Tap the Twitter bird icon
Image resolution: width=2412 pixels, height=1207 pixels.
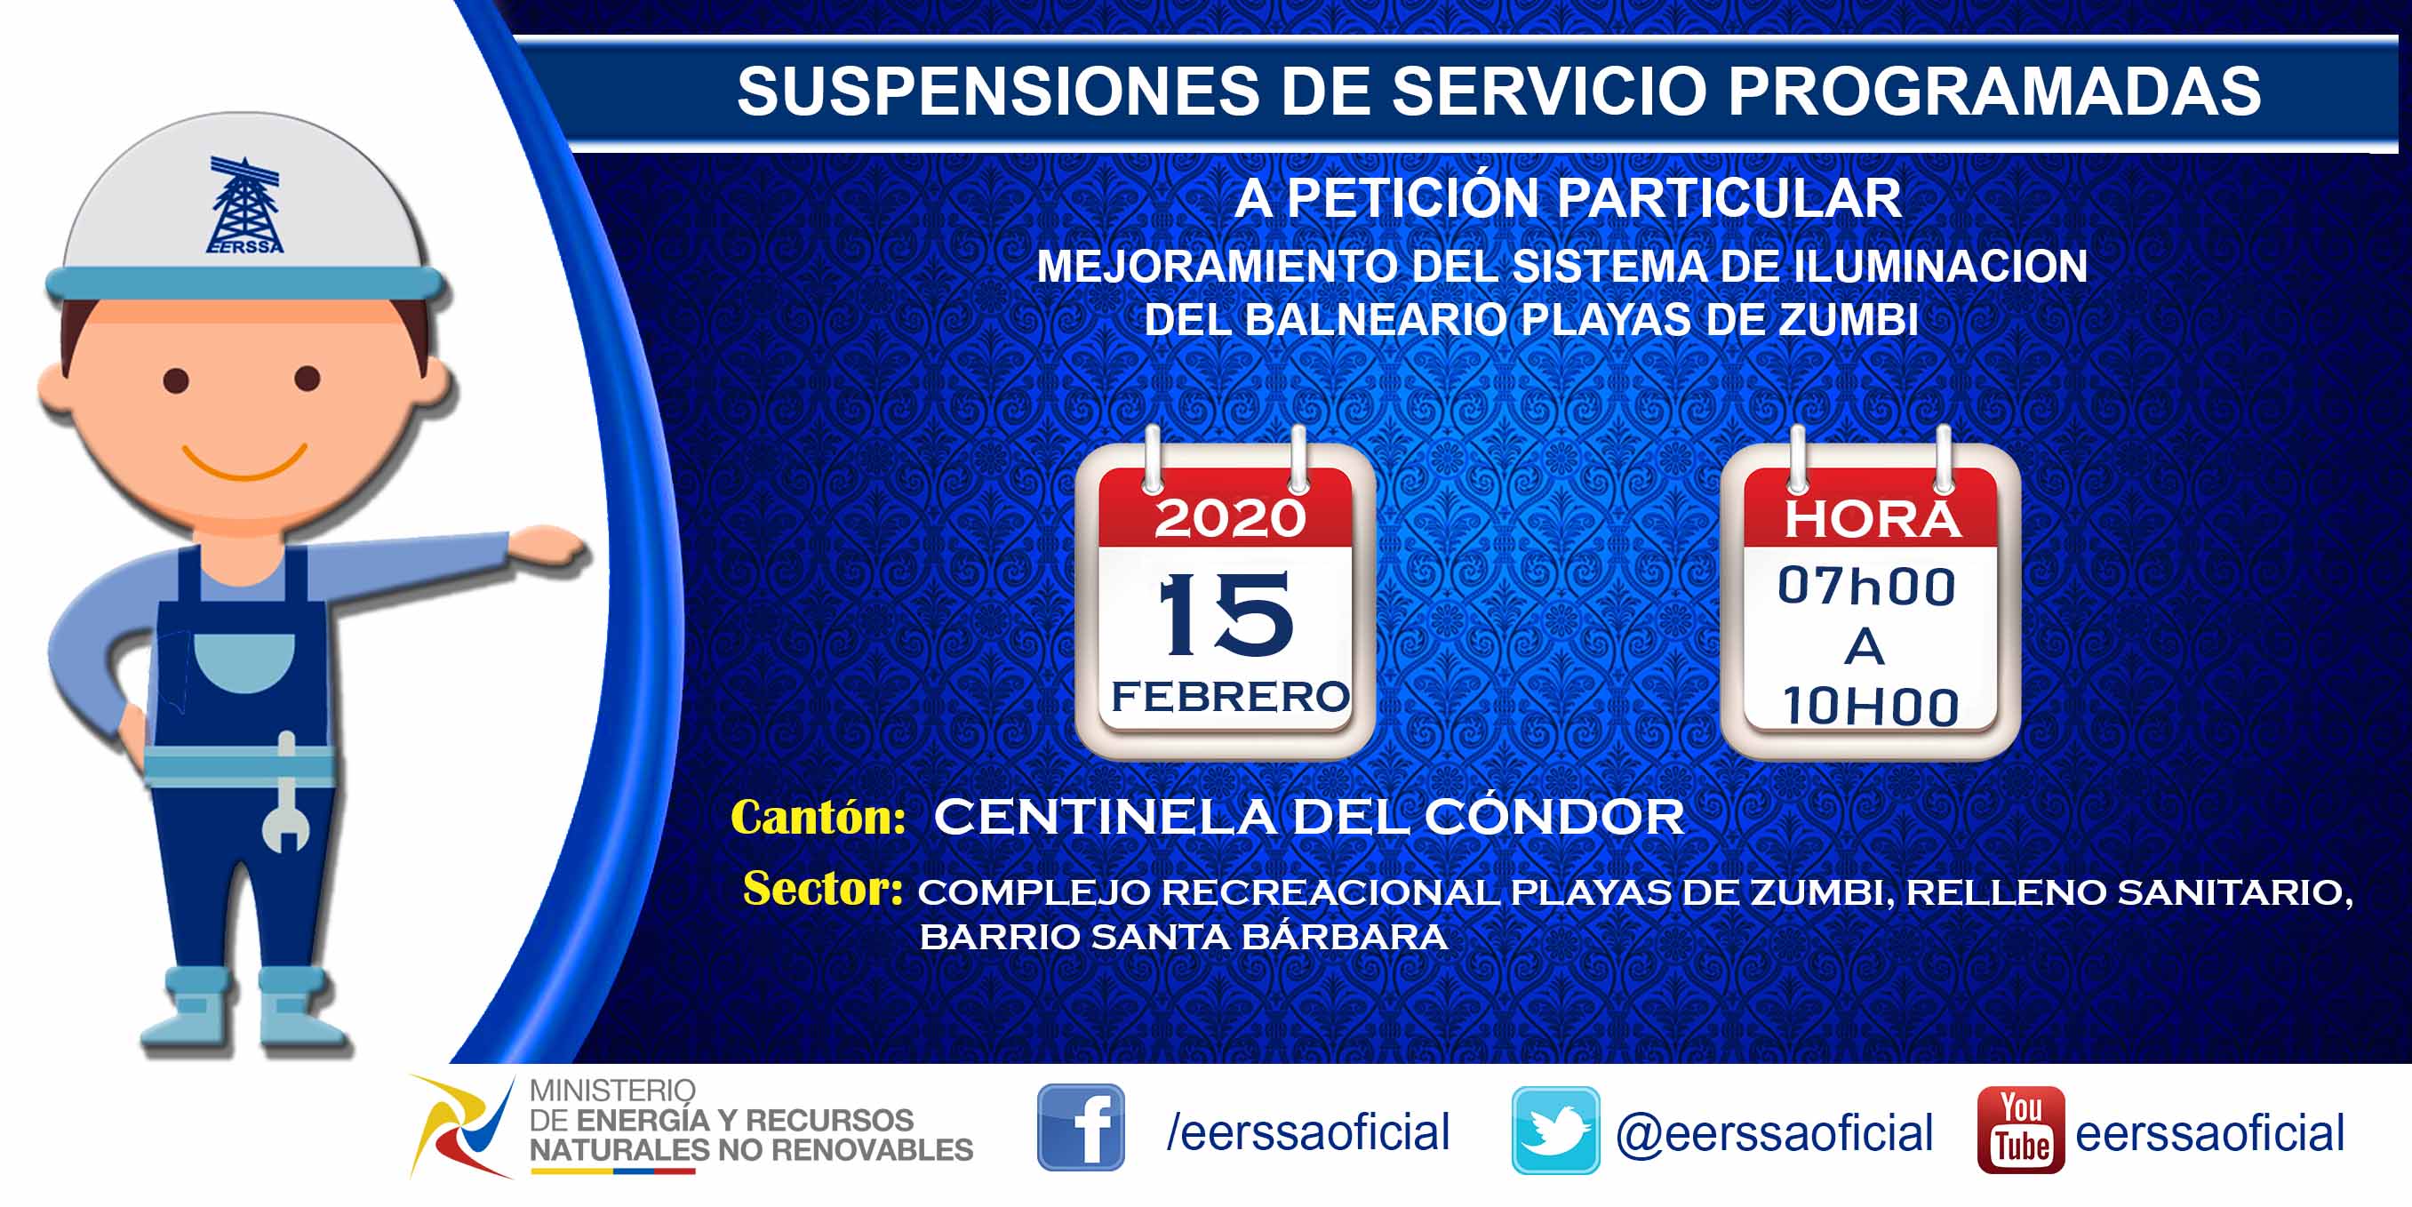coord(1555,1131)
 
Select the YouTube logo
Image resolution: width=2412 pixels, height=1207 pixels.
coord(2021,1130)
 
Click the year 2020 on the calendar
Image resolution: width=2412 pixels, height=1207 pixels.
coord(1229,517)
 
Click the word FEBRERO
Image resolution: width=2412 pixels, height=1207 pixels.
coord(1229,697)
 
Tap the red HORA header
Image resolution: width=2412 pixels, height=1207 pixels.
coord(1871,519)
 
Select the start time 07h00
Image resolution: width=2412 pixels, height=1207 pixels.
coord(1866,587)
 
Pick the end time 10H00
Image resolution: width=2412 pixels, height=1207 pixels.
coord(1870,706)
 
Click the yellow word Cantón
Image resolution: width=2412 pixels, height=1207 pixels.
coord(818,817)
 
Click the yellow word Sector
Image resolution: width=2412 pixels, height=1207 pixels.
coord(822,888)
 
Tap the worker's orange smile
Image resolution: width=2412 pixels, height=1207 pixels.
coord(244,460)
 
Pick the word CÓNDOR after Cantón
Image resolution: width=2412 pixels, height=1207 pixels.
coord(1554,817)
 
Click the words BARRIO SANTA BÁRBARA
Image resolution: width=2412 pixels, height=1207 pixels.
coord(1184,937)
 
